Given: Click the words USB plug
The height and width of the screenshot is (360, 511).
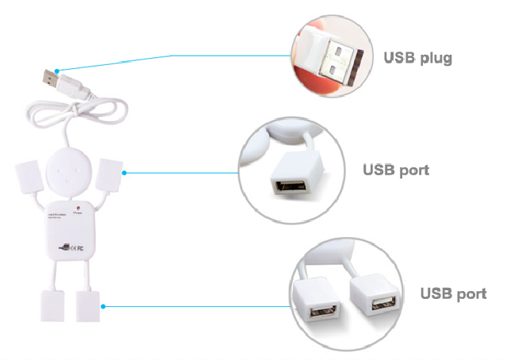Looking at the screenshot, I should [x=417, y=58].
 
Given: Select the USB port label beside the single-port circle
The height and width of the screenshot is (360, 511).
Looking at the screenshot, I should [x=397, y=170].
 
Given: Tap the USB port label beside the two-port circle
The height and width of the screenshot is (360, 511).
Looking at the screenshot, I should [x=453, y=293].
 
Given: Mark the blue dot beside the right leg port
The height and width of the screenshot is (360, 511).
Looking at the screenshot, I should [x=104, y=306].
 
